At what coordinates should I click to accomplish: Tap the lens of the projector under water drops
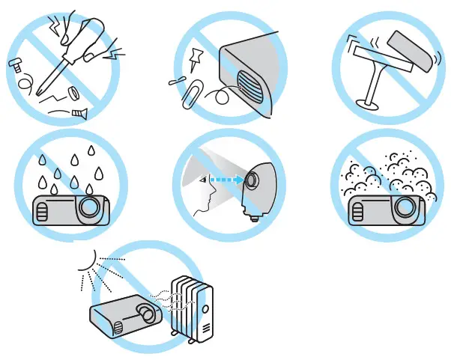[x=89, y=205]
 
